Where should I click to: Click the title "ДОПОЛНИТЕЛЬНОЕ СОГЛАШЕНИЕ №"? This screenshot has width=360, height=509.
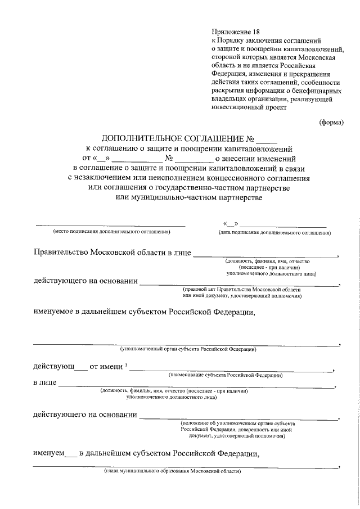tap(178, 139)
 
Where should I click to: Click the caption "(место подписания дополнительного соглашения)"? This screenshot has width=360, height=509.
tap(111, 232)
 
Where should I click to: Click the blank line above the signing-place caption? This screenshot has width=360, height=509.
tap(110, 224)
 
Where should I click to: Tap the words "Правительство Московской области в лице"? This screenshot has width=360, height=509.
tap(112, 253)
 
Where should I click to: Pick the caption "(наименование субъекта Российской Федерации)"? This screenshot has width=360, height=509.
tap(226, 375)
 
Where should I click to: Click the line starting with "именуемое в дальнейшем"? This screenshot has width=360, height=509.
tap(145, 313)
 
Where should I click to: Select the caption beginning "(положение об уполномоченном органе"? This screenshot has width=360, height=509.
tap(238, 422)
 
